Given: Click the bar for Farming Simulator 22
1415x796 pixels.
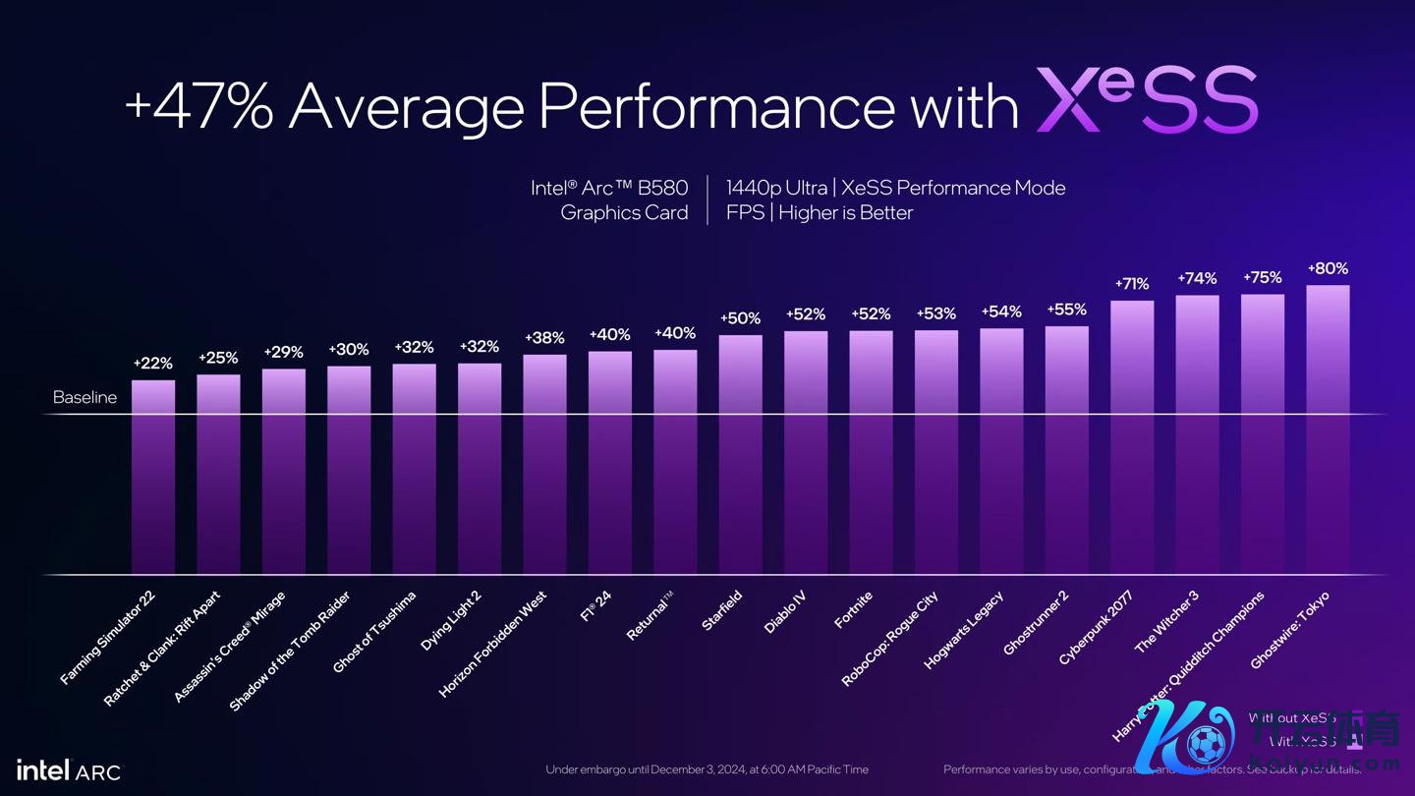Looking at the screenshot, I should point(153,477).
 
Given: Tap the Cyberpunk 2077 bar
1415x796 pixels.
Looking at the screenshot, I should point(1132,437).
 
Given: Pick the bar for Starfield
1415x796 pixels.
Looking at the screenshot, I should point(740,454).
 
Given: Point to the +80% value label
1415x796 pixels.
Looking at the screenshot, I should point(1328,268).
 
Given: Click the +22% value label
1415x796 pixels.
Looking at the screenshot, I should point(153,364).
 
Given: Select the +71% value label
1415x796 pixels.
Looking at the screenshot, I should point(1132,284).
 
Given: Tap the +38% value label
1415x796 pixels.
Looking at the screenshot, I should point(544,338).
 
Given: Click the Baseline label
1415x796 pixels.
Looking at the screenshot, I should point(85,398).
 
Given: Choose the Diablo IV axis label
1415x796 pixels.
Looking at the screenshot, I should point(785,612).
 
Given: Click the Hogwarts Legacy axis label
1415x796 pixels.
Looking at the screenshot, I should point(964,630).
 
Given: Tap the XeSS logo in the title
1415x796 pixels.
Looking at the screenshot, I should point(1147,100).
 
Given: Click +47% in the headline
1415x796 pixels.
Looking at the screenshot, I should point(199,105).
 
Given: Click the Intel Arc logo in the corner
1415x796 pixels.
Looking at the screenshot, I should point(69,769).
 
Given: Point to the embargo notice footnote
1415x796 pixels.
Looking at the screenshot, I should point(707,769).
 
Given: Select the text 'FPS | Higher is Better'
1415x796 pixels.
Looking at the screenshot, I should point(820,213).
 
